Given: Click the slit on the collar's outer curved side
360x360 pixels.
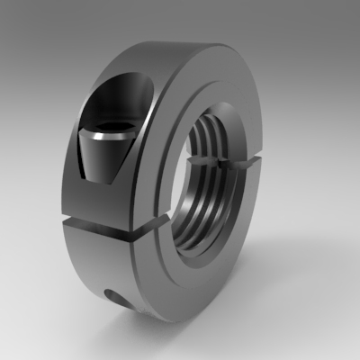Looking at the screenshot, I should [90, 220].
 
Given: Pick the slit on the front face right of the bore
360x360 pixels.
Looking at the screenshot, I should [247, 162].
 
